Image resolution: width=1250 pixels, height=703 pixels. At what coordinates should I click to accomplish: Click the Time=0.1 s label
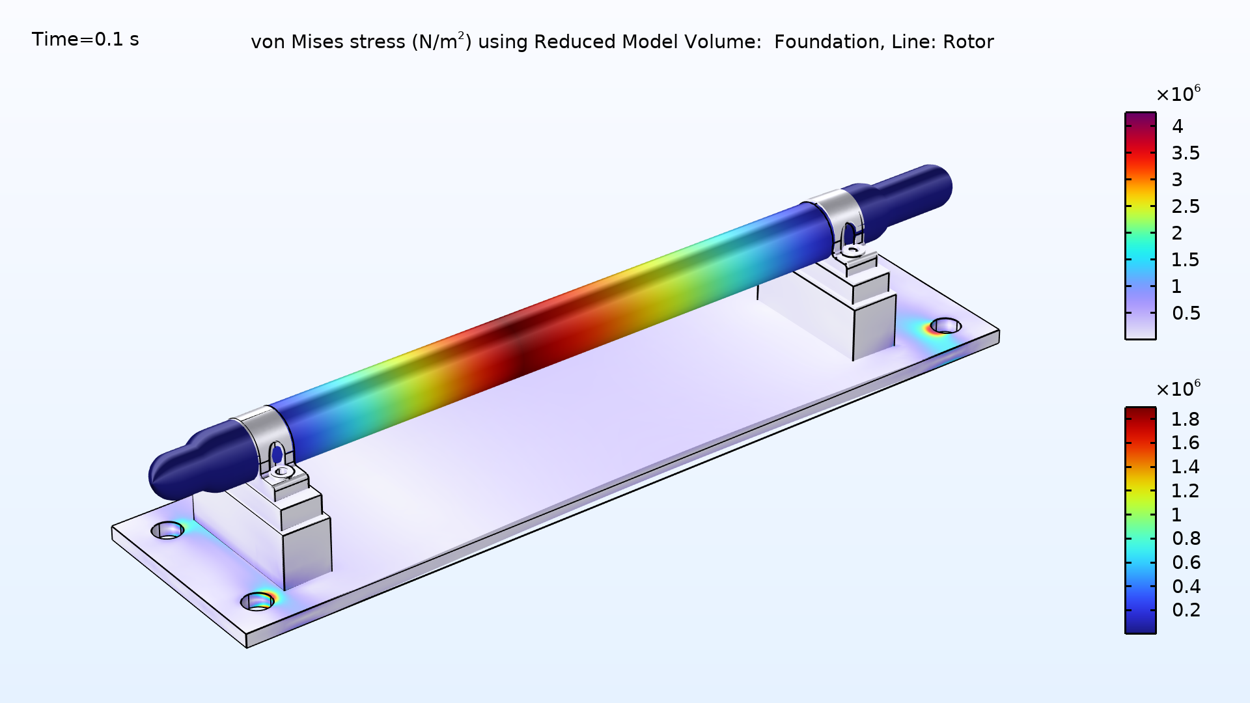pos(85,40)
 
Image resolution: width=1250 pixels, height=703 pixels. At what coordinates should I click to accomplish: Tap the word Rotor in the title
pos(968,42)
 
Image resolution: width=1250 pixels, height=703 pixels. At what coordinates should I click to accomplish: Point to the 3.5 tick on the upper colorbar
pos(1186,153)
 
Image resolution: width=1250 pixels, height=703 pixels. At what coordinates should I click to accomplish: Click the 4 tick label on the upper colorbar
pos(1177,126)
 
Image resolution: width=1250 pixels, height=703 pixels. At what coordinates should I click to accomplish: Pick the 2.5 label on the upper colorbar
pos(1186,206)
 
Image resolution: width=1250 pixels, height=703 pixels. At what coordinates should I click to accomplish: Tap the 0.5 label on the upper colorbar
pos(1186,313)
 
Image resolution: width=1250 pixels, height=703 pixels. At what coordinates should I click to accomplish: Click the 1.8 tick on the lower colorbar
pos(1185,419)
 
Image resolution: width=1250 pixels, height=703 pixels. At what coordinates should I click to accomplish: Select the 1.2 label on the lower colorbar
pos(1185,491)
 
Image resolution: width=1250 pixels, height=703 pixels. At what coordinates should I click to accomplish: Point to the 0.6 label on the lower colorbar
pos(1186,562)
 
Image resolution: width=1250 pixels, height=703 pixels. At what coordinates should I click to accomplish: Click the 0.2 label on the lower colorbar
pos(1186,610)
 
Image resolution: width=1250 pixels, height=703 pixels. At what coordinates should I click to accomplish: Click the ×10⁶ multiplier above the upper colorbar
pos(1178,94)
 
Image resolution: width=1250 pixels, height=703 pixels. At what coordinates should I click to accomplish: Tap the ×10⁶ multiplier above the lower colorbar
pos(1178,389)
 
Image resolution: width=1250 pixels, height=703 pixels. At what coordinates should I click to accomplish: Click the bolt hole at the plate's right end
pos(945,325)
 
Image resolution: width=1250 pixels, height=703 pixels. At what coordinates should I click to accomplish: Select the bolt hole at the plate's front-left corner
pos(258,601)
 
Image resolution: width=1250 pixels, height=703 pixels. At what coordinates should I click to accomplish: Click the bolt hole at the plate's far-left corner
pos(168,531)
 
